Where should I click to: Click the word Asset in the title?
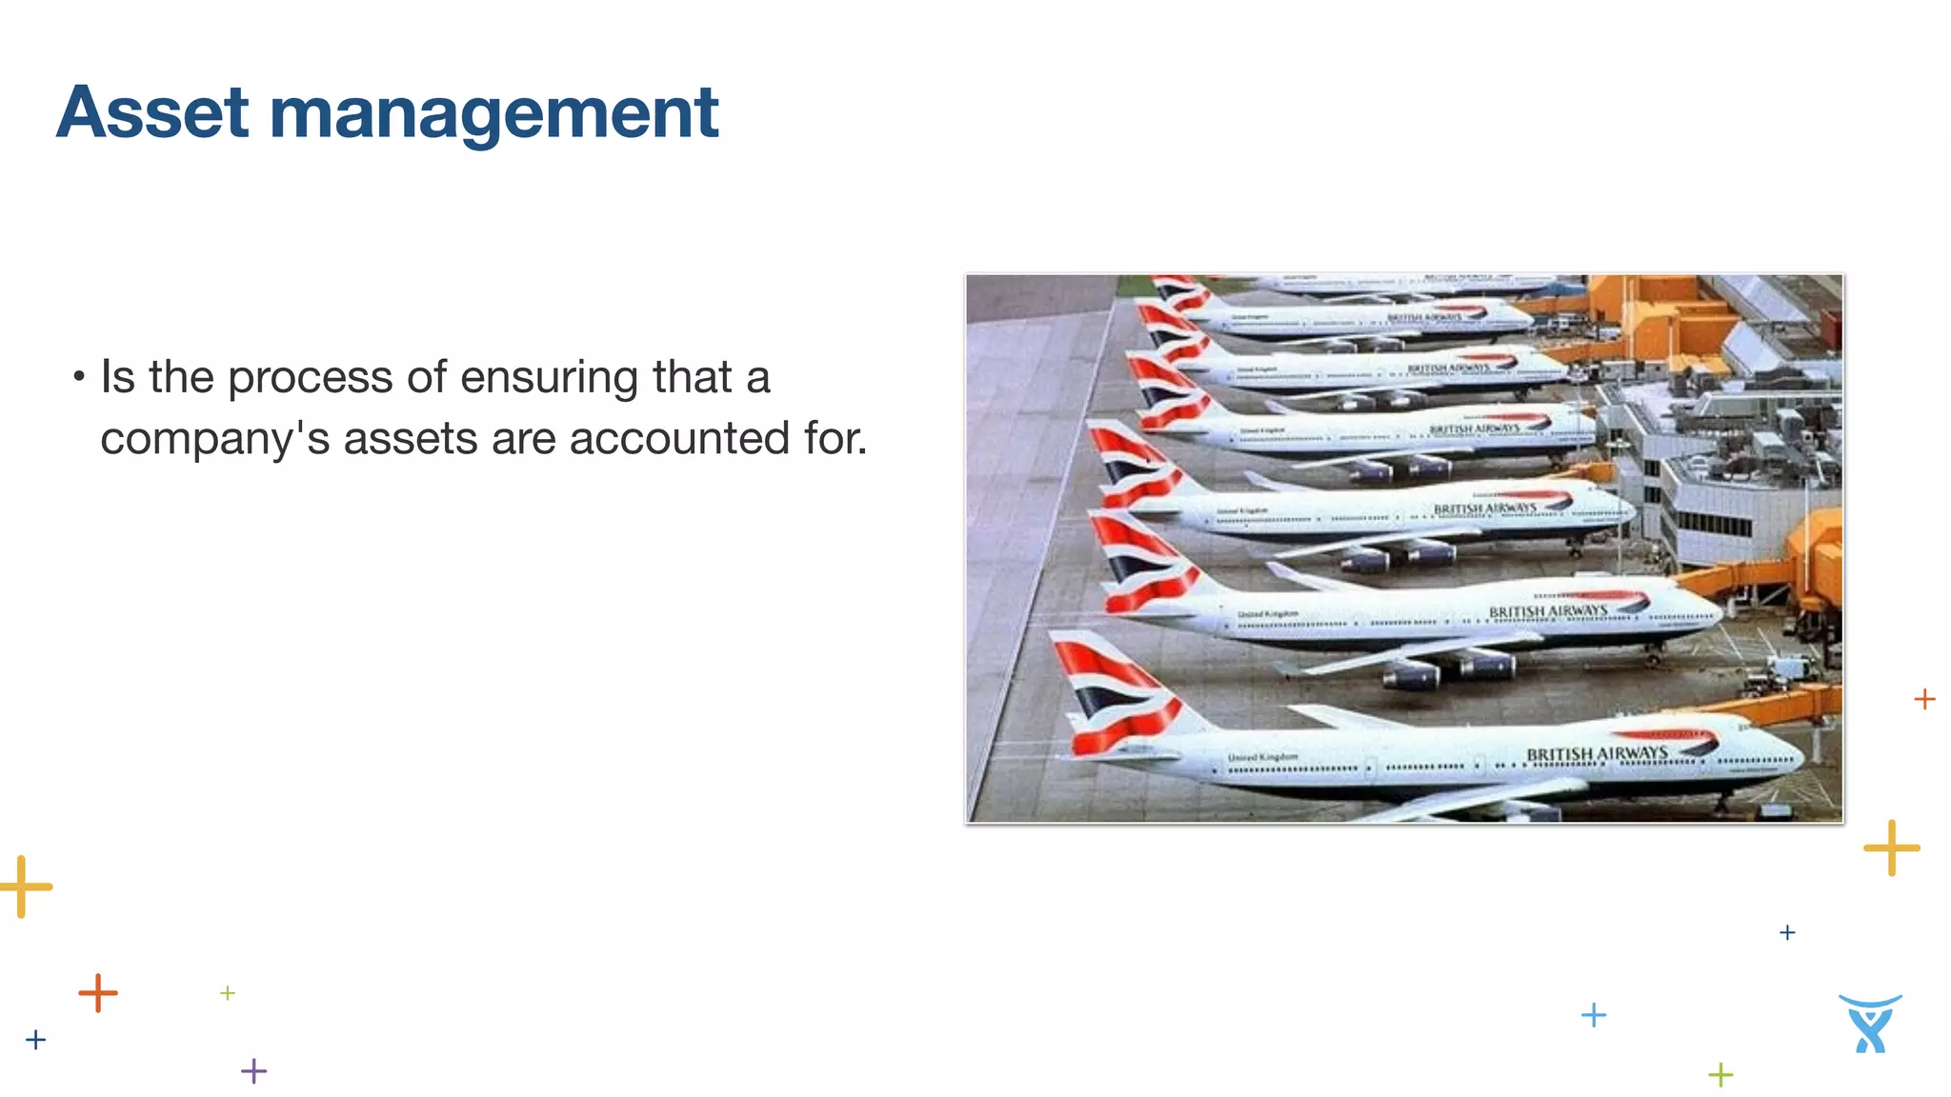(152, 113)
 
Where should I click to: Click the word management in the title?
(493, 113)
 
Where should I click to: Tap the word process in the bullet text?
(310, 378)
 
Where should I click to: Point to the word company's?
(215, 439)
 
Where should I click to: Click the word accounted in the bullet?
(679, 439)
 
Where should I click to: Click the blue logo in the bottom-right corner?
(1870, 1024)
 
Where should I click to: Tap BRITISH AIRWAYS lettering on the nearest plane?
(1597, 754)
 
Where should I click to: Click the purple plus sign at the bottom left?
(254, 1071)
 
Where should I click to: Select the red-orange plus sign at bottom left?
(98, 993)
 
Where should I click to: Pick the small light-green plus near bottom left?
(228, 993)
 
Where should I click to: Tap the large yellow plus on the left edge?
(24, 887)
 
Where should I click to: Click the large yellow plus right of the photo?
(1891, 848)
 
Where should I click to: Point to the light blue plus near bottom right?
(1594, 1015)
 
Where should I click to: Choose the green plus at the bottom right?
(1720, 1075)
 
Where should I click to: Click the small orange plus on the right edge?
(1924, 699)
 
